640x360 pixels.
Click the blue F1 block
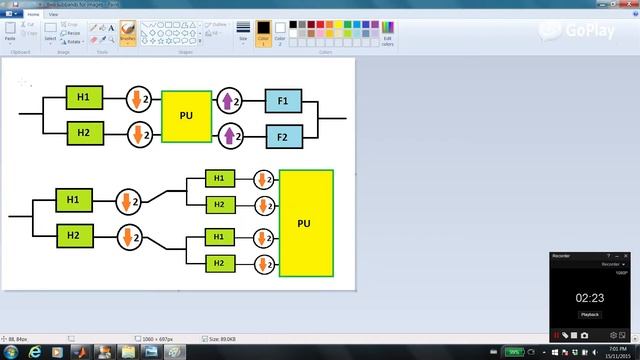[x=283, y=101]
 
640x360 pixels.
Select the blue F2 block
[x=283, y=136]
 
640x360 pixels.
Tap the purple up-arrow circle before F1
[x=230, y=101]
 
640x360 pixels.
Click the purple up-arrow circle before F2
[x=230, y=135]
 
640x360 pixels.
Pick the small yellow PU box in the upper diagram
[x=186, y=116]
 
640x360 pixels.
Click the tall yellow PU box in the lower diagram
[x=306, y=223]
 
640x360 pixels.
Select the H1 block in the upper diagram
[x=84, y=97]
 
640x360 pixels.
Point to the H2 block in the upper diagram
[x=84, y=132]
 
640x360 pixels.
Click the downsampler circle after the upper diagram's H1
[x=140, y=99]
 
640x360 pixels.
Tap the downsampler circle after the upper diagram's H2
[x=140, y=133]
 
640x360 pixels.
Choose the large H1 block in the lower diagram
[x=73, y=201]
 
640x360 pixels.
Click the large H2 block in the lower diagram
[x=73, y=236]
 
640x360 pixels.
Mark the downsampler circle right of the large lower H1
[x=129, y=201]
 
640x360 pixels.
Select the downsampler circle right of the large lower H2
[x=129, y=238]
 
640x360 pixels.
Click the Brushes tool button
[x=128, y=36]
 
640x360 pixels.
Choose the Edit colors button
[x=387, y=36]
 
